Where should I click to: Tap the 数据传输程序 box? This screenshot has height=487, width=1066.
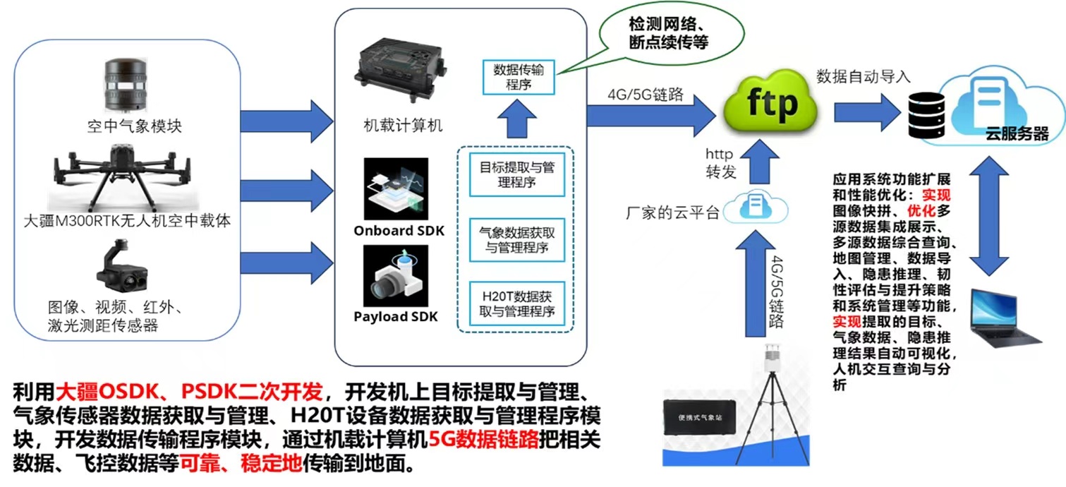519,77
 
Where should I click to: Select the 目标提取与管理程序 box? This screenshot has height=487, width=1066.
517,176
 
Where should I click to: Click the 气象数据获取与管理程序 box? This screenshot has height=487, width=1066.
517,239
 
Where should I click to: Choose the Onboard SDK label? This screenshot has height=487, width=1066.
394,231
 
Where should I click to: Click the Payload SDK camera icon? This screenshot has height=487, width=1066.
395,277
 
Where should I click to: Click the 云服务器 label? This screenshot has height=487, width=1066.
1019,134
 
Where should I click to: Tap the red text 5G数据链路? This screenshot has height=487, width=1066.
483,439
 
